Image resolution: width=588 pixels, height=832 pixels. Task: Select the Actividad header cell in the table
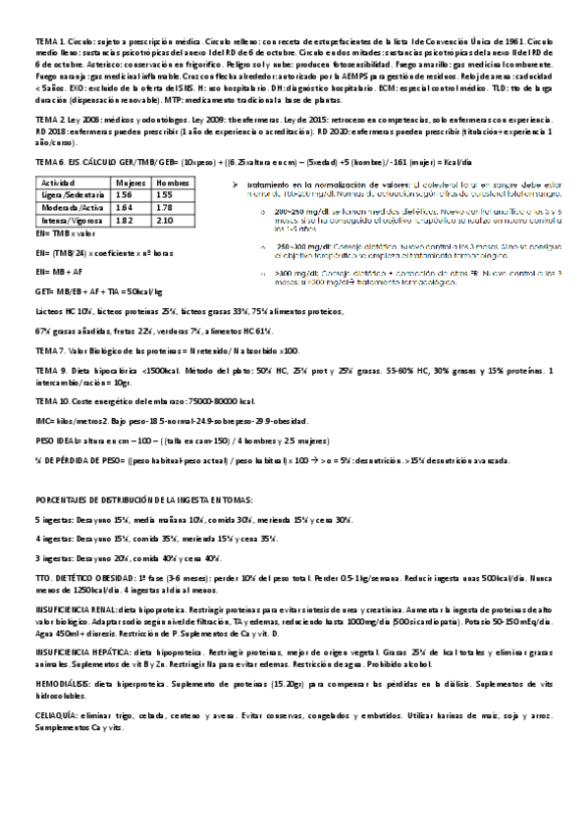point(53,182)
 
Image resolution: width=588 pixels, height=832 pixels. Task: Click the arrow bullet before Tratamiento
point(239,183)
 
